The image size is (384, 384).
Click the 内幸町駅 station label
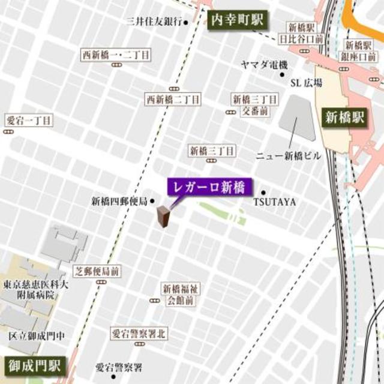pyautogui.click(x=236, y=19)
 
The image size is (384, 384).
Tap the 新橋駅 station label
pyautogui.click(x=344, y=117)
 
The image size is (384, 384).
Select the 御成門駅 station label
pyautogui.click(x=34, y=366)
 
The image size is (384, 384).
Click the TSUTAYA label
pyautogui.click(x=274, y=202)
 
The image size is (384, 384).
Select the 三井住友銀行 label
pyautogui.click(x=154, y=22)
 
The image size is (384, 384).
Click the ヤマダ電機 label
pyautogui.click(x=265, y=64)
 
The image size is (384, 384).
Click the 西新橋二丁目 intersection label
pyautogui.click(x=173, y=98)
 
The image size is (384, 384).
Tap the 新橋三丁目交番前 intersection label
pyautogui.click(x=256, y=104)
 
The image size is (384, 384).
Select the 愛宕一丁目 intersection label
pyautogui.click(x=28, y=120)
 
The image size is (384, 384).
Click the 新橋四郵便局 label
pyautogui.click(x=119, y=202)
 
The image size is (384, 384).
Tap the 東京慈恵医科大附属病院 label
pyautogui.click(x=35, y=289)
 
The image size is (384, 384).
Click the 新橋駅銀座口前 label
pyautogui.click(x=360, y=50)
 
